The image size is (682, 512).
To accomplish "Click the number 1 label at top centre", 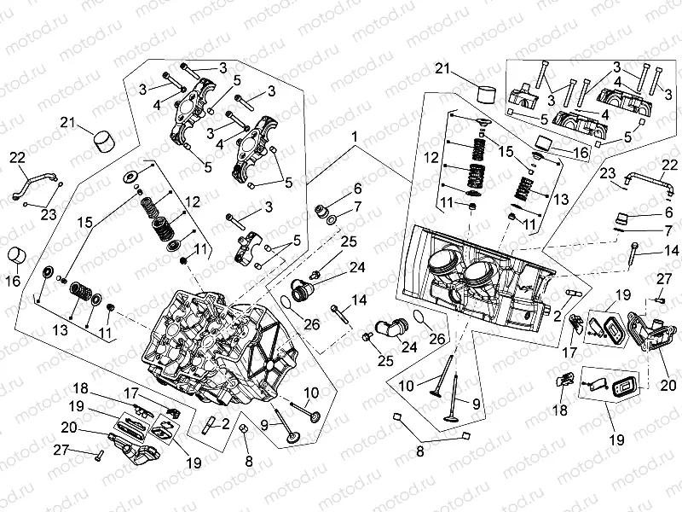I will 351,137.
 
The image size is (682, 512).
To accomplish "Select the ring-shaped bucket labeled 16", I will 19,254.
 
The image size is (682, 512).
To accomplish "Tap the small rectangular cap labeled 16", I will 542,141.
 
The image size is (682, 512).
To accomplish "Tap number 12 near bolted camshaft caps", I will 193,201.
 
